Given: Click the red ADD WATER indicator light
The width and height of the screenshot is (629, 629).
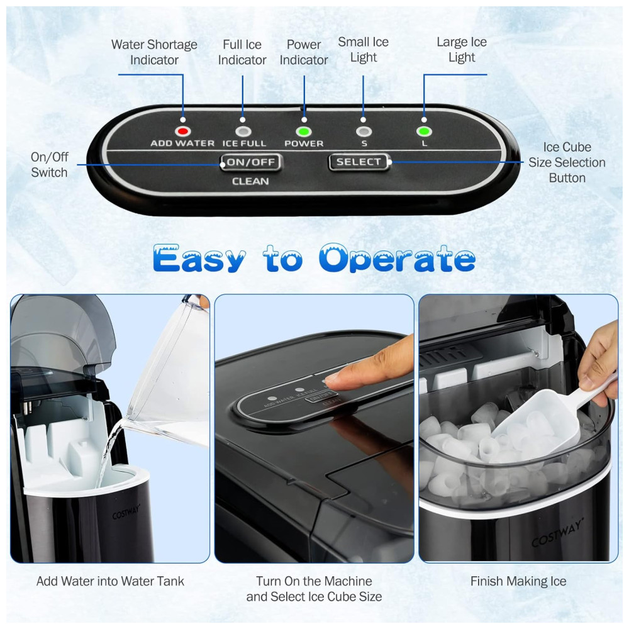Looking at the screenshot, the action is tap(183, 131).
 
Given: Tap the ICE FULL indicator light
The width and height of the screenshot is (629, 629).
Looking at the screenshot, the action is tap(243, 131).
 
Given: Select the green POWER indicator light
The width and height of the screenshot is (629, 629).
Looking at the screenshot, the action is tap(304, 131).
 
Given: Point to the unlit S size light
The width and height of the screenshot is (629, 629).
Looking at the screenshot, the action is tap(364, 131).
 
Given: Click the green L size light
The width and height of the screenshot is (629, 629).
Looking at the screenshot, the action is tap(424, 131).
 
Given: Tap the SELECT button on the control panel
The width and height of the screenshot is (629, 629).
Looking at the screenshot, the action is tap(359, 162).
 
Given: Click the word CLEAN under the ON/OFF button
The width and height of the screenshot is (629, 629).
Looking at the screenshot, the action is tap(250, 181).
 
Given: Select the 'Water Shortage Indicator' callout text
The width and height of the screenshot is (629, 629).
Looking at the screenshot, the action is tap(154, 52).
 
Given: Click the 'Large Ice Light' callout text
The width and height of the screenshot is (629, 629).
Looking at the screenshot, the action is tap(462, 50).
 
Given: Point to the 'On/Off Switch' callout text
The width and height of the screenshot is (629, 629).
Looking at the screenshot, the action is tap(49, 164).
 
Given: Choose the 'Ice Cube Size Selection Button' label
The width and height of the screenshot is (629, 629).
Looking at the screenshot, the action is tap(567, 162).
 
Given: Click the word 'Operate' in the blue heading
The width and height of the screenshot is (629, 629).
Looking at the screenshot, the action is tap(397, 259).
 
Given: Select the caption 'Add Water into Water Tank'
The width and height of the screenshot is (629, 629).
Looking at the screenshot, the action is tap(110, 581).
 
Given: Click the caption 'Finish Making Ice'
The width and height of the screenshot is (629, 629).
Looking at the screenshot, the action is tap(518, 581).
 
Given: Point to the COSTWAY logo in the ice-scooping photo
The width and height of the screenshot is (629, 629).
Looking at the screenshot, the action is tap(557, 533).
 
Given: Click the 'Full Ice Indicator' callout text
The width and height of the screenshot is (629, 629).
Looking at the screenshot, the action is tap(242, 52).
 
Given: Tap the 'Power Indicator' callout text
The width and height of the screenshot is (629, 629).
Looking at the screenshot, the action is tap(304, 52).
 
